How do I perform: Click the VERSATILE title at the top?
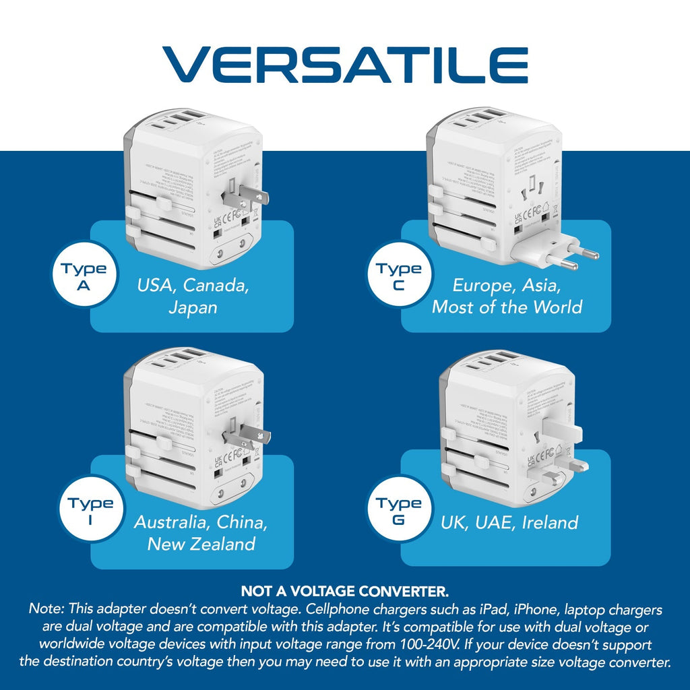tap(345, 65)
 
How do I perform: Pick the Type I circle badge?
tap(89, 512)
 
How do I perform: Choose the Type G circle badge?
tap(399, 512)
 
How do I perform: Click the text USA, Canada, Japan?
tap(193, 296)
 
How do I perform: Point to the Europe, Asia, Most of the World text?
tap(507, 296)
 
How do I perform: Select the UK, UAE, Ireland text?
tap(509, 522)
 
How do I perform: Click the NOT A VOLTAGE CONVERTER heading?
tap(345, 592)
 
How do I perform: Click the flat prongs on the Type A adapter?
tap(251, 197)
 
